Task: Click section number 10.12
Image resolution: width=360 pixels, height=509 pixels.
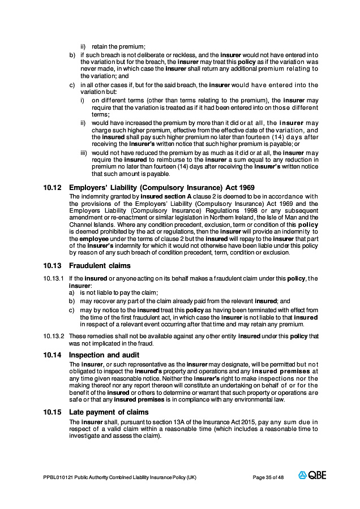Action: coord(52,187)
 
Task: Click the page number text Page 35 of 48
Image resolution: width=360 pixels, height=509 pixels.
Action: coord(268,477)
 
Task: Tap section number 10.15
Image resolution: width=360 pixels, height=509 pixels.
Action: coord(52,412)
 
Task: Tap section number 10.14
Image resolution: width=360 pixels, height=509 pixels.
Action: coord(52,355)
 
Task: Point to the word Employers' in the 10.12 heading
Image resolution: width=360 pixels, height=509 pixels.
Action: coord(89,187)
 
